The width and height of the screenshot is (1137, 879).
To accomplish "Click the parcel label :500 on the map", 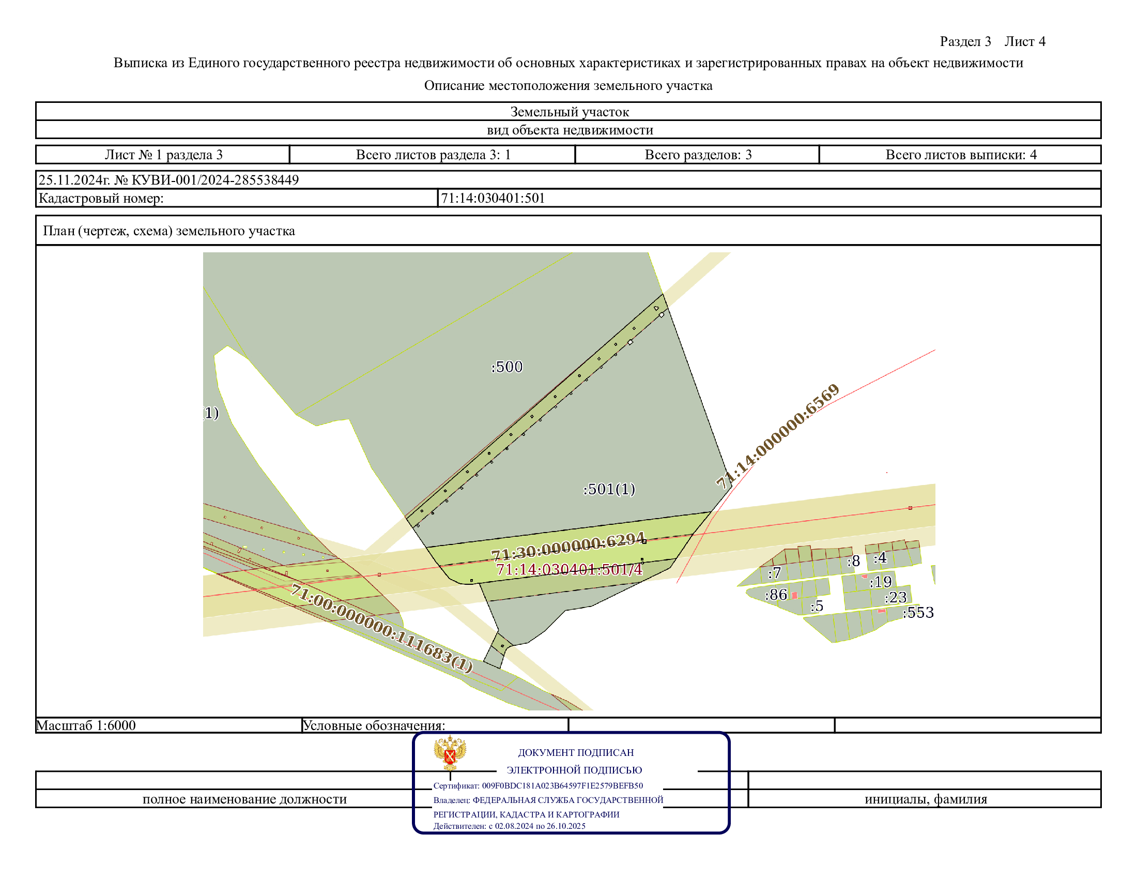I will point(506,367).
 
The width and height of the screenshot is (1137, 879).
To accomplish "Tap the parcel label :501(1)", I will point(609,489).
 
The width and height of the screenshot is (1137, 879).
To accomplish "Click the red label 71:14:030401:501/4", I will point(569,569).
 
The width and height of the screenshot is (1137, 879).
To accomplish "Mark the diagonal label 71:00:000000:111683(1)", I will point(381,628).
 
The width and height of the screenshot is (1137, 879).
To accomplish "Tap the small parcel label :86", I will point(776,595).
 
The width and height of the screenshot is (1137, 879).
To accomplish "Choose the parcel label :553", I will point(918,612).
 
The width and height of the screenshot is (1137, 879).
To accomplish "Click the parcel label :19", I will point(881,582).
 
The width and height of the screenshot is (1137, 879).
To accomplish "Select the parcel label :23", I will point(896,597).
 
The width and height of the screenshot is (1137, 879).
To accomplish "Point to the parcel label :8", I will point(853,561).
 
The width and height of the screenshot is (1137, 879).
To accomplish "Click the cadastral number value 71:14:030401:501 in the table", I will point(493,199).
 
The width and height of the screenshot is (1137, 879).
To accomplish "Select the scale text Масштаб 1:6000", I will point(86,725).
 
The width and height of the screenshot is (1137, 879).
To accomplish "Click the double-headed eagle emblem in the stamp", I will point(450,752).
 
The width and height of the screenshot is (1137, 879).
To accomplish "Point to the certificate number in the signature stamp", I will point(562,786).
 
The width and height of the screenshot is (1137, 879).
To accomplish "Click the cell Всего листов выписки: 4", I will point(961,155).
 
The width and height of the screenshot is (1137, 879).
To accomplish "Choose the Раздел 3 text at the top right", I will point(965,42).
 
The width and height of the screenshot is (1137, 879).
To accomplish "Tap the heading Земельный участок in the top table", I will point(570,112).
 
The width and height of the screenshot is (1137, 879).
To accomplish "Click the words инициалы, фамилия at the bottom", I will point(926,799).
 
